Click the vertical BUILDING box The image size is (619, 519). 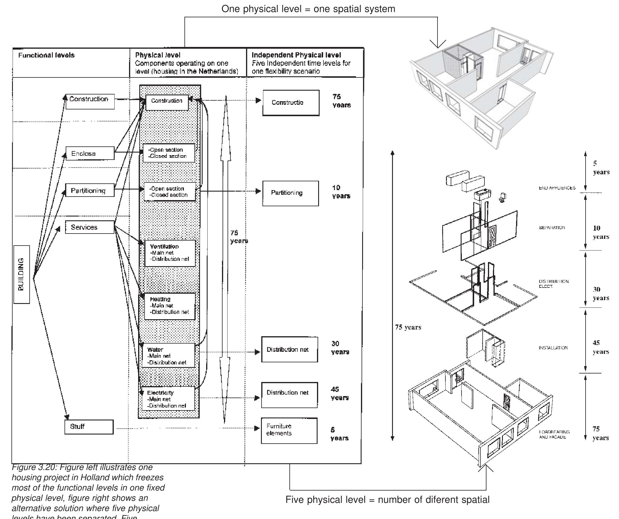click(21, 274)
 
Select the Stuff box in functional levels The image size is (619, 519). click(89, 427)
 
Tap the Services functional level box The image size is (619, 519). click(90, 227)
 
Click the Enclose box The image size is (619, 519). click(90, 153)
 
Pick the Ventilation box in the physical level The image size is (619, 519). click(170, 253)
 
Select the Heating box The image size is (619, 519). click(170, 306)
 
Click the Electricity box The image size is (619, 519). click(168, 399)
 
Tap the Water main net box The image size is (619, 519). click(168, 356)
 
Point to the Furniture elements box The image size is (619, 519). click(289, 430)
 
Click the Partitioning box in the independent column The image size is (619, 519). click(290, 193)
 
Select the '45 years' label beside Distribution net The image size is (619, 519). click(340, 393)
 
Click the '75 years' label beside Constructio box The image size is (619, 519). click(341, 101)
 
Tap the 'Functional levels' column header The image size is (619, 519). click(46, 55)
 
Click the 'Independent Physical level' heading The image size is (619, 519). click(296, 55)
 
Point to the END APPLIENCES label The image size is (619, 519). click(557, 188)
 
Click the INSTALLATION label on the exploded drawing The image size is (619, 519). click(553, 348)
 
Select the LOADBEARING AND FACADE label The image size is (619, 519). click(554, 435)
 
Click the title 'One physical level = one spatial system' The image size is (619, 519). click(308, 9)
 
